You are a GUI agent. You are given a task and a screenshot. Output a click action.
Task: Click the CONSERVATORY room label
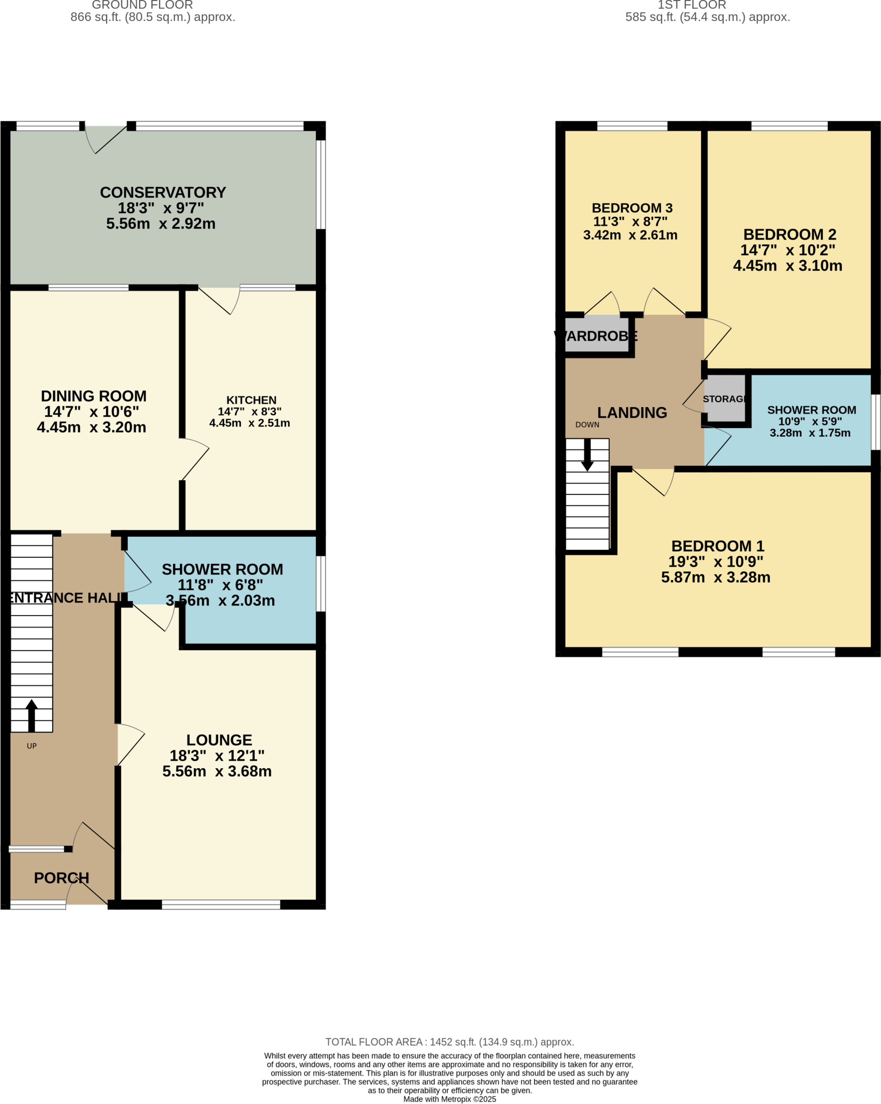tap(163, 193)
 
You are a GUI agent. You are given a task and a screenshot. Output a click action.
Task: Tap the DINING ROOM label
tap(94, 396)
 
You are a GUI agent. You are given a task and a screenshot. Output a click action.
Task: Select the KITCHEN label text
tap(251, 400)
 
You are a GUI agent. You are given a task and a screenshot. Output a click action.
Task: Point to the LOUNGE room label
tap(219, 740)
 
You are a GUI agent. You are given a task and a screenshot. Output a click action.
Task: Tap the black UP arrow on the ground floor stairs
tap(31, 715)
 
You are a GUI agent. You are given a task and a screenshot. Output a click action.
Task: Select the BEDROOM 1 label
tap(718, 546)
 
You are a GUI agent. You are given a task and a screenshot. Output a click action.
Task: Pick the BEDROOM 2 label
tap(789, 234)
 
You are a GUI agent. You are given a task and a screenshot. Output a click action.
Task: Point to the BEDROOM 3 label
tap(632, 208)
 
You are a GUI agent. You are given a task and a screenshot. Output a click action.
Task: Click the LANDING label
tap(632, 413)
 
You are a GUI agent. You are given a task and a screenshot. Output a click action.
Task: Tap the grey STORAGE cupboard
tap(725, 399)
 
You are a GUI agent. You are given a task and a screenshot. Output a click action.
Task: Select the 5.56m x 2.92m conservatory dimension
tap(161, 224)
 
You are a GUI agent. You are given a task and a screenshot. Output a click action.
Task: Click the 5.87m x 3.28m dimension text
tap(716, 577)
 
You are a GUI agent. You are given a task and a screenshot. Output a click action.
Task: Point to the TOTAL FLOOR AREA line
tap(449, 1042)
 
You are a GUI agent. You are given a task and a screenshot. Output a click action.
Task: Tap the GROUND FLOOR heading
tap(142, 5)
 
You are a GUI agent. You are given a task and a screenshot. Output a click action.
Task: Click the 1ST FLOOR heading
tap(692, 5)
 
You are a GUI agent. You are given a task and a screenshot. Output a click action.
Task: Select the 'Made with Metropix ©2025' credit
tap(449, 1099)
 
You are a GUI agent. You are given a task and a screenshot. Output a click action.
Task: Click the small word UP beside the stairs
tap(32, 746)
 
